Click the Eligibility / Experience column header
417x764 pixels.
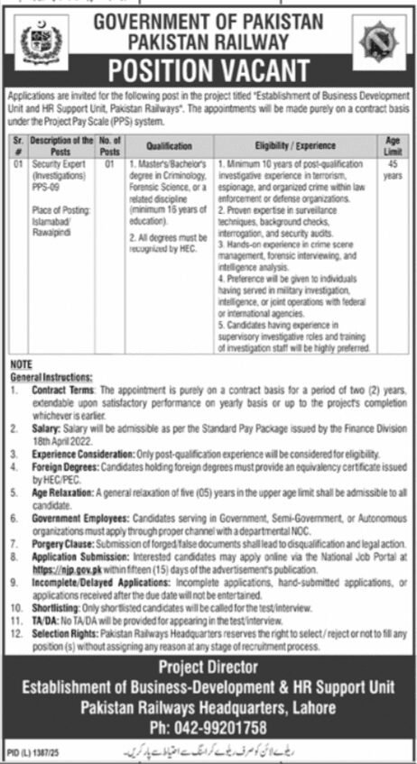pos(301,145)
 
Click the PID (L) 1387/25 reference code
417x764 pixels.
pos(33,750)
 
